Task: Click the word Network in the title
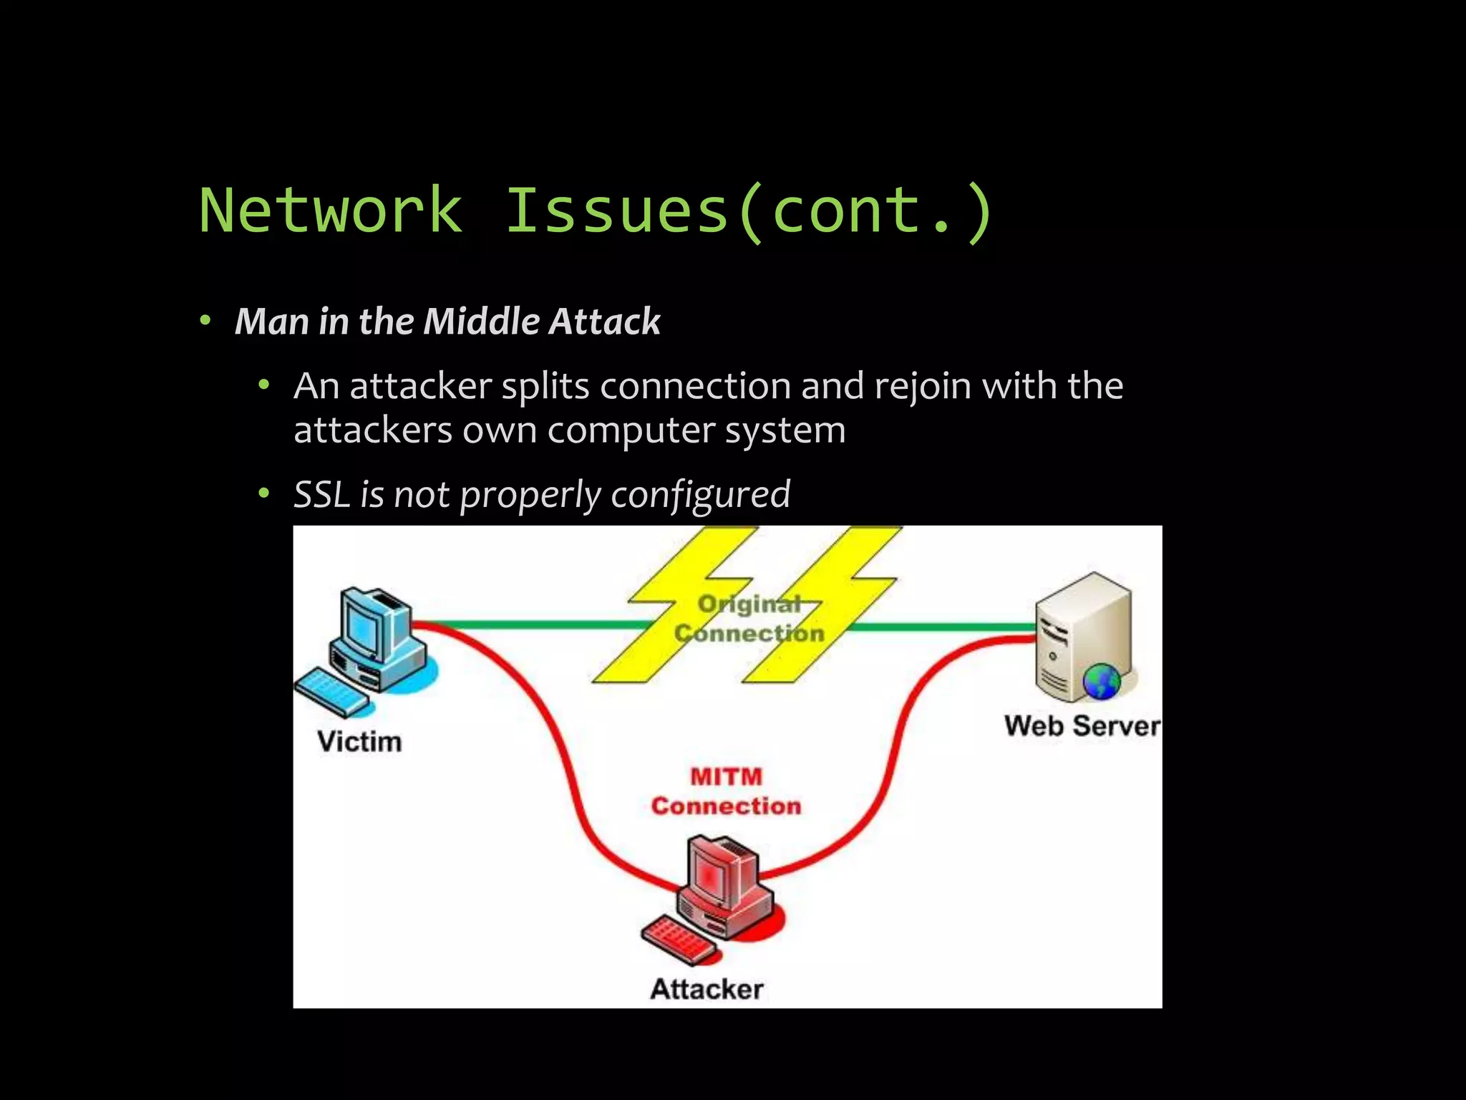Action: point(331,210)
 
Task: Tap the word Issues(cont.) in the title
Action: point(749,210)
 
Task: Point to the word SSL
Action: point(321,494)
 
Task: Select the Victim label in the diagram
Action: point(359,741)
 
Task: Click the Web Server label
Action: point(1081,726)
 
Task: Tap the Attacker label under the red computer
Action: point(707,989)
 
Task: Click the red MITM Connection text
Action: point(726,791)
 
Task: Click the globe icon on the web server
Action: point(1101,681)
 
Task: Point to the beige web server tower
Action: point(1081,630)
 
